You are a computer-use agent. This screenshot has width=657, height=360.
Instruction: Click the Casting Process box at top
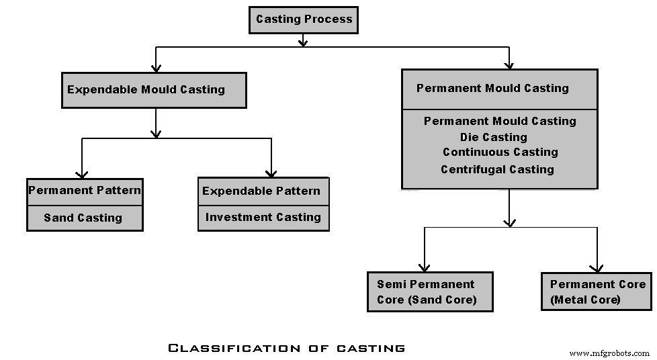click(x=304, y=19)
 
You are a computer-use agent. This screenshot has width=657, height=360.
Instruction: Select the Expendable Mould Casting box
click(x=154, y=90)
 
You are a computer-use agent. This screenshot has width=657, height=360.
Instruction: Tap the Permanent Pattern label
click(x=85, y=191)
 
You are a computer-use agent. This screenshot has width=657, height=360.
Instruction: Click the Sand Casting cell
click(x=83, y=218)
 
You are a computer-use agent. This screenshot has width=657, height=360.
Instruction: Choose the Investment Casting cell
click(x=263, y=217)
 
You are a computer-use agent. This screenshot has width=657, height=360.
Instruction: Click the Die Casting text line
click(x=493, y=137)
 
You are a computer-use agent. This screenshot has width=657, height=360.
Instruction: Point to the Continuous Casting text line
click(x=500, y=152)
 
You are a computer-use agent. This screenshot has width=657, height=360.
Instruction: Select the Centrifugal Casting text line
click(x=497, y=169)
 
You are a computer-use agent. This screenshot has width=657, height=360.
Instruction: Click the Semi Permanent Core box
click(x=429, y=292)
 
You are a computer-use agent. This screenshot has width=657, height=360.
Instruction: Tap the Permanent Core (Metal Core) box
click(x=597, y=291)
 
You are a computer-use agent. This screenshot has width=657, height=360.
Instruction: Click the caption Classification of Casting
click(x=286, y=348)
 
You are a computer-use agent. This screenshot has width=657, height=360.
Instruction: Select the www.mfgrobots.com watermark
click(x=609, y=353)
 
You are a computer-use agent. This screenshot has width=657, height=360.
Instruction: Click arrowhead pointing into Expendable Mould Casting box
click(x=156, y=68)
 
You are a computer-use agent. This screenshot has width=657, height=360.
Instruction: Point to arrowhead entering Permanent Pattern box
click(x=82, y=173)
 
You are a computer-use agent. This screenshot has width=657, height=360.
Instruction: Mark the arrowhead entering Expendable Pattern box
click(x=271, y=173)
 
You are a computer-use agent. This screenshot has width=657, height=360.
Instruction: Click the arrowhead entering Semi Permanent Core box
click(x=424, y=267)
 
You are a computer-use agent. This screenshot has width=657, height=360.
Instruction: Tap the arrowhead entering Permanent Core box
click(x=597, y=267)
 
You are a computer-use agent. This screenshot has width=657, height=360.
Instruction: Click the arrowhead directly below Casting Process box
click(x=303, y=42)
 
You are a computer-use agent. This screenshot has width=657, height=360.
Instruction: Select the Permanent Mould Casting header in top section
click(x=492, y=89)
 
